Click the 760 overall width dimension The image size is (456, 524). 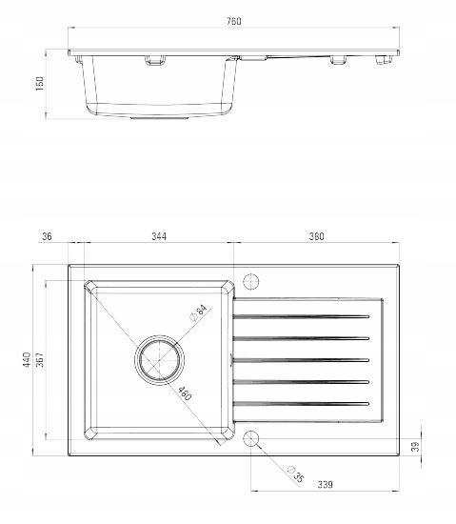point(233,21)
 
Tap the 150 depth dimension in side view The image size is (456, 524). point(39,84)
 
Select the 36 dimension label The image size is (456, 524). point(47,236)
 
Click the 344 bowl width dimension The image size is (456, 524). point(159,236)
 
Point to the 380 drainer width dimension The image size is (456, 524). point(316,236)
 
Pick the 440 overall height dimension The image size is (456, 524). point(27,359)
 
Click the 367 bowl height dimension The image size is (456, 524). point(40,359)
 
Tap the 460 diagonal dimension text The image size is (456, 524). point(185,393)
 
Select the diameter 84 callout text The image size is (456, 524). point(199,312)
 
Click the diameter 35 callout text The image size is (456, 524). point(296,474)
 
